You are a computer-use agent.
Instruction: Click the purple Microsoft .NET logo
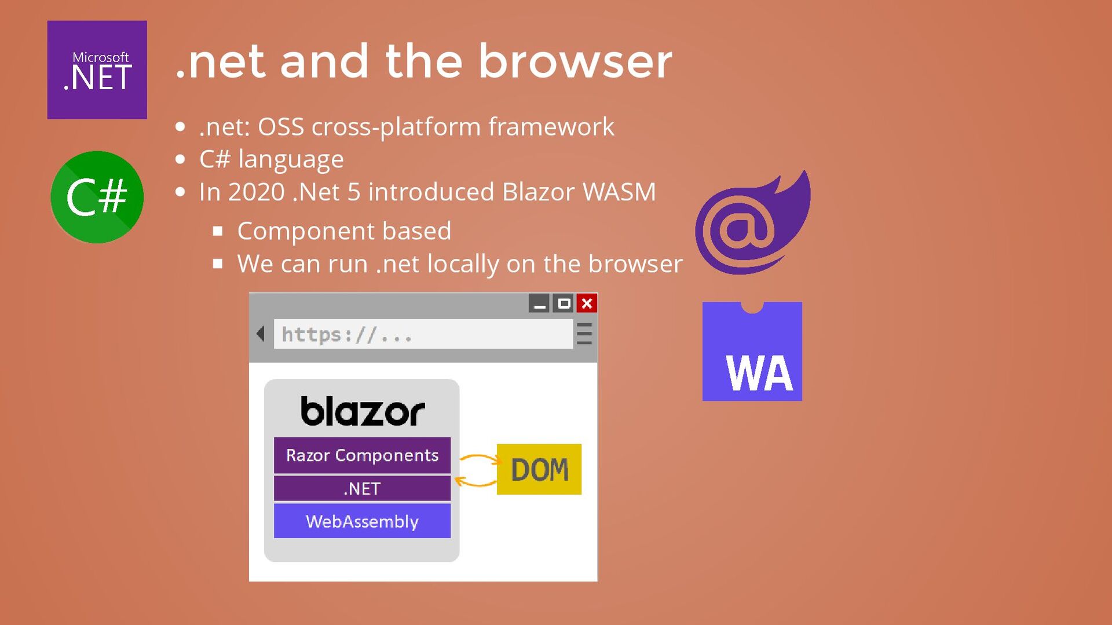point(97,70)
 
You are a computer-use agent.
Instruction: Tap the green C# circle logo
point(97,197)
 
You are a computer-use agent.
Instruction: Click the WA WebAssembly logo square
point(752,352)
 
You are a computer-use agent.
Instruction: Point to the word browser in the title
point(575,61)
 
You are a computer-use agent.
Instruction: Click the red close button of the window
point(587,303)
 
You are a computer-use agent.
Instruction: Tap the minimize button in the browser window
point(539,303)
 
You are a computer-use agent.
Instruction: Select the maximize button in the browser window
point(563,303)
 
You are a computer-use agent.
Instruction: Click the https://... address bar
point(423,334)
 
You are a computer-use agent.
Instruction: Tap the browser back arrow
point(261,334)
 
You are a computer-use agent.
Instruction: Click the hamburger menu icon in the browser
point(584,334)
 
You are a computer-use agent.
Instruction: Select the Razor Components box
point(362,455)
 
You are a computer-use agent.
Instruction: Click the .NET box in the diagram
point(362,488)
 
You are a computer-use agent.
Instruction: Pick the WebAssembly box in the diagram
point(362,521)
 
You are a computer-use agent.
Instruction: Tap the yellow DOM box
point(539,469)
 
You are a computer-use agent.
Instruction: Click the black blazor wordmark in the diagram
point(363,411)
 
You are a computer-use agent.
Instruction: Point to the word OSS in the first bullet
point(280,127)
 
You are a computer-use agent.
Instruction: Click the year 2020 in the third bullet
point(256,192)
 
